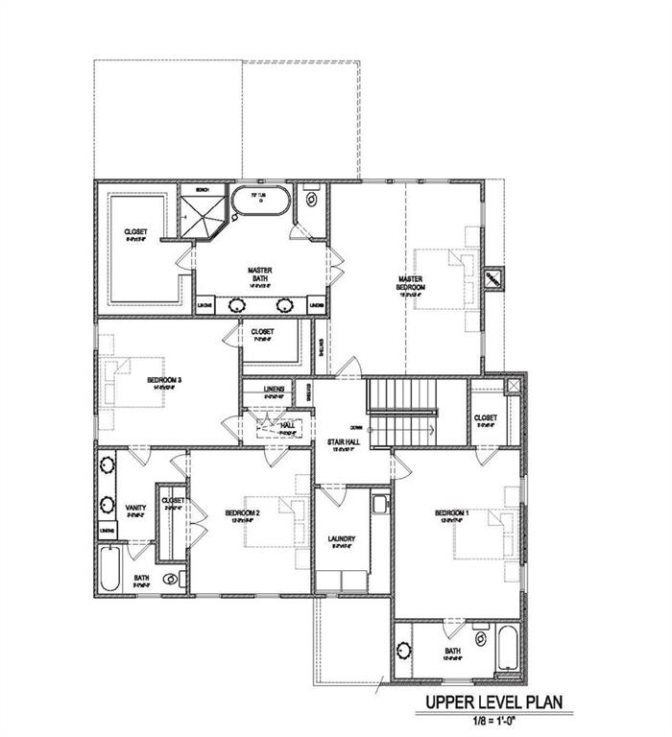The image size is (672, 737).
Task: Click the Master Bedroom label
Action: click(x=411, y=283)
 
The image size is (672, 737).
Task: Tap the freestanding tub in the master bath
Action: click(x=258, y=203)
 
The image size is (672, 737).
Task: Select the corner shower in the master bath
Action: click(x=203, y=218)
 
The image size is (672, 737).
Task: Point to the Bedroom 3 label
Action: click(x=164, y=381)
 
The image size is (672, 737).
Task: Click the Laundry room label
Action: click(x=340, y=541)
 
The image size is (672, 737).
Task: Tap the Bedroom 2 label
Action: click(x=241, y=513)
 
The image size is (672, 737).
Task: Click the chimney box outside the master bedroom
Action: click(x=494, y=276)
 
